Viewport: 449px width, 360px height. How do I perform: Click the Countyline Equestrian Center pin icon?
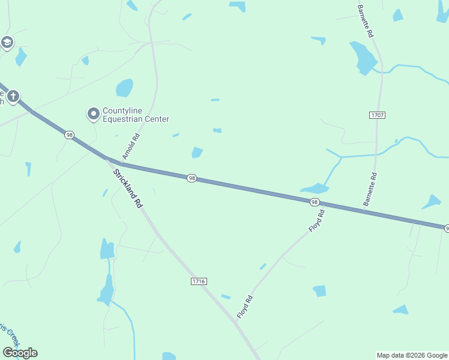pyautogui.click(x=93, y=113)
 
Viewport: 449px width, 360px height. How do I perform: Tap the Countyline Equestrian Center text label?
pyautogui.click(x=136, y=115)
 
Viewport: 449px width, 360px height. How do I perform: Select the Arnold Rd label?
pyautogui.click(x=131, y=146)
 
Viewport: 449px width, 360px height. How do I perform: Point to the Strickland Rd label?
pyautogui.click(x=128, y=188)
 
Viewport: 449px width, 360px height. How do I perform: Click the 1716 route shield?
pyautogui.click(x=199, y=281)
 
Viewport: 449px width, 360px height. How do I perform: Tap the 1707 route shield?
pyautogui.click(x=377, y=115)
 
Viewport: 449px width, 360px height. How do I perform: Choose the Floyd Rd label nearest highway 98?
pyautogui.click(x=317, y=220)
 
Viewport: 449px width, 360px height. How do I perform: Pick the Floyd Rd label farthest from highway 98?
pyautogui.click(x=244, y=307)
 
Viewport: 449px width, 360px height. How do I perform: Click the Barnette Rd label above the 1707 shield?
pyautogui.click(x=366, y=22)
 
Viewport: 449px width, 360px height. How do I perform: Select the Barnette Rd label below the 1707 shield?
pyautogui.click(x=370, y=190)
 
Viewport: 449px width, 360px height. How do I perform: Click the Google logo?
pyautogui.click(x=20, y=353)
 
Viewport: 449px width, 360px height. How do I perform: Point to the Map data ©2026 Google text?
pyautogui.click(x=412, y=355)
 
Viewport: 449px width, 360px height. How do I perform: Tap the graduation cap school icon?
pyautogui.click(x=7, y=43)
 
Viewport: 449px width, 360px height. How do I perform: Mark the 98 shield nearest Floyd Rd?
pyautogui.click(x=315, y=202)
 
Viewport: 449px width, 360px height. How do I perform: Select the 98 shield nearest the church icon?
pyautogui.click(x=70, y=135)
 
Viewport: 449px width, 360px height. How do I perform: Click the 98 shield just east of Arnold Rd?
pyautogui.click(x=191, y=178)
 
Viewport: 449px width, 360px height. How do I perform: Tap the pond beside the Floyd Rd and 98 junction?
pyautogui.click(x=315, y=188)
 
